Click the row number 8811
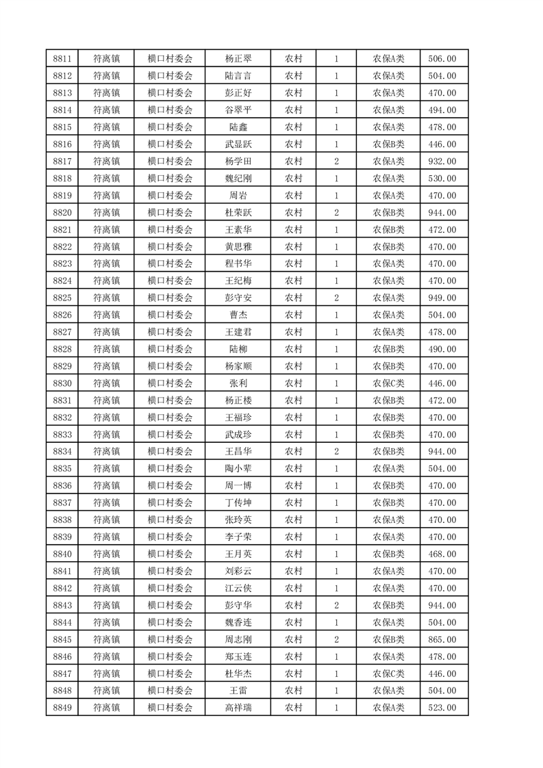pyautogui.click(x=63, y=59)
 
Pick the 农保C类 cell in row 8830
pyautogui.click(x=388, y=383)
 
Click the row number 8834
pyautogui.click(x=63, y=452)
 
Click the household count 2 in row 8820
pyautogui.click(x=336, y=213)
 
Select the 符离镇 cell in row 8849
pyautogui.click(x=107, y=708)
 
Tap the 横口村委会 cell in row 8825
pyautogui.click(x=171, y=298)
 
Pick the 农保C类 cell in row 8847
pyautogui.click(x=388, y=674)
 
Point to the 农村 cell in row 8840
pyautogui.click(x=294, y=554)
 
